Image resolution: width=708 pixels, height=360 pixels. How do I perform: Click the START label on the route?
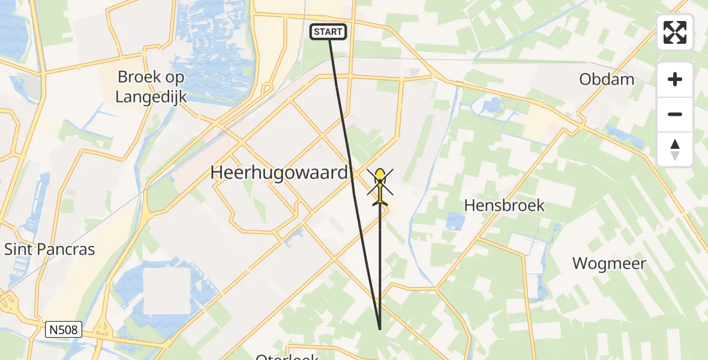tap(328, 32)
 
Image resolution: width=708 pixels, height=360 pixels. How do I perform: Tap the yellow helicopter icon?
tap(380, 186)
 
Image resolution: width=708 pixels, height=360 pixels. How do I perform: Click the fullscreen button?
tap(675, 32)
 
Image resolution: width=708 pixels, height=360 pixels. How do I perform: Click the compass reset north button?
tap(675, 149)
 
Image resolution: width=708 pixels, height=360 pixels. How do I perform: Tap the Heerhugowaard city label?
tap(279, 173)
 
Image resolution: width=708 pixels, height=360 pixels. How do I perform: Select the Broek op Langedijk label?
tap(151, 86)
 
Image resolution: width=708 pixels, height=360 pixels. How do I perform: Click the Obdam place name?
tap(607, 79)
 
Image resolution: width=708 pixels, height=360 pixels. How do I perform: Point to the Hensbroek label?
tap(504, 205)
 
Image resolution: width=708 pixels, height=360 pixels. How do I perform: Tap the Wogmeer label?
tap(609, 263)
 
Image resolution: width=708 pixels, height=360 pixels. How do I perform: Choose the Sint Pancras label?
tap(50, 249)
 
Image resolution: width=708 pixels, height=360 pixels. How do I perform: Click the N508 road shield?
tap(63, 329)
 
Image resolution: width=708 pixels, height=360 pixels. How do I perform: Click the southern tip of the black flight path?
tap(380, 329)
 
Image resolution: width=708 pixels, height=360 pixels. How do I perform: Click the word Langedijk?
tap(151, 96)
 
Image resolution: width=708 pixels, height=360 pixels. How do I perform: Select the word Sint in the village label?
tap(18, 249)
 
